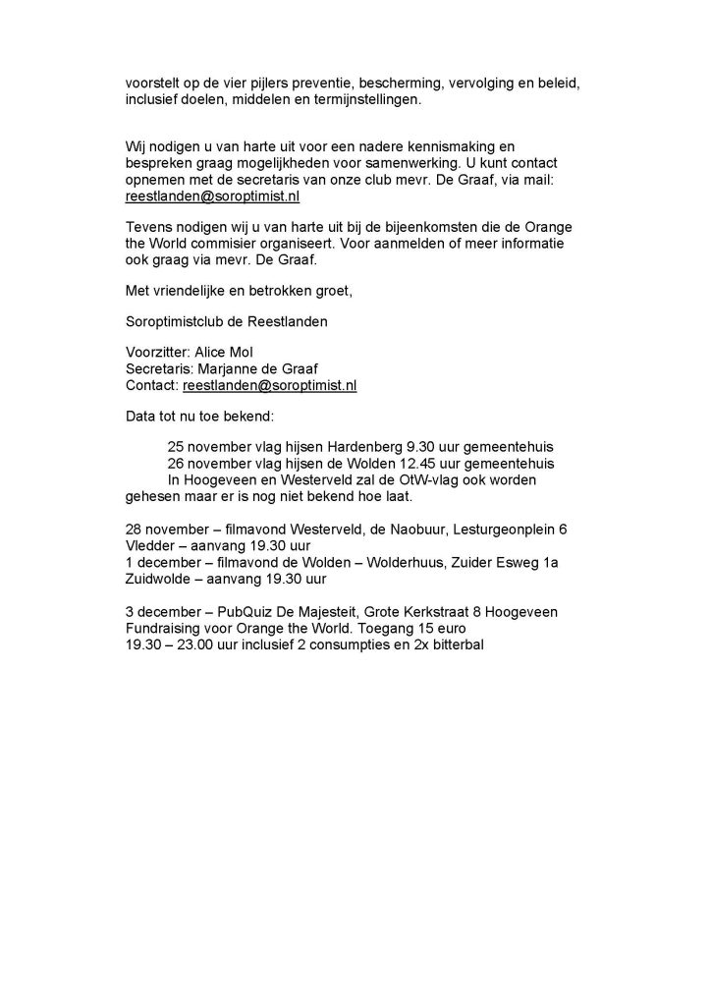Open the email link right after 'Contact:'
point(270,386)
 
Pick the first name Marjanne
point(233,369)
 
